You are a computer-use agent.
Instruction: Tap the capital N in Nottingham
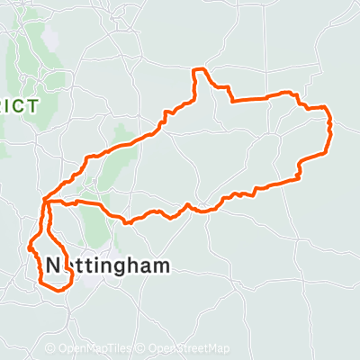tap(53, 265)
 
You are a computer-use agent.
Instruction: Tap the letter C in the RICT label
tap(22, 106)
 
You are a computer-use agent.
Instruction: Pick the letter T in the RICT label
tap(33, 106)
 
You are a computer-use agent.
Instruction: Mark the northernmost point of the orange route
tap(202, 68)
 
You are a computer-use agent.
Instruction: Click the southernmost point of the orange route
tap(59, 290)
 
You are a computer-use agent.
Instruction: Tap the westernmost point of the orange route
tap(30, 245)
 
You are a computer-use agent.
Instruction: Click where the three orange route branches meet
tap(44, 202)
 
